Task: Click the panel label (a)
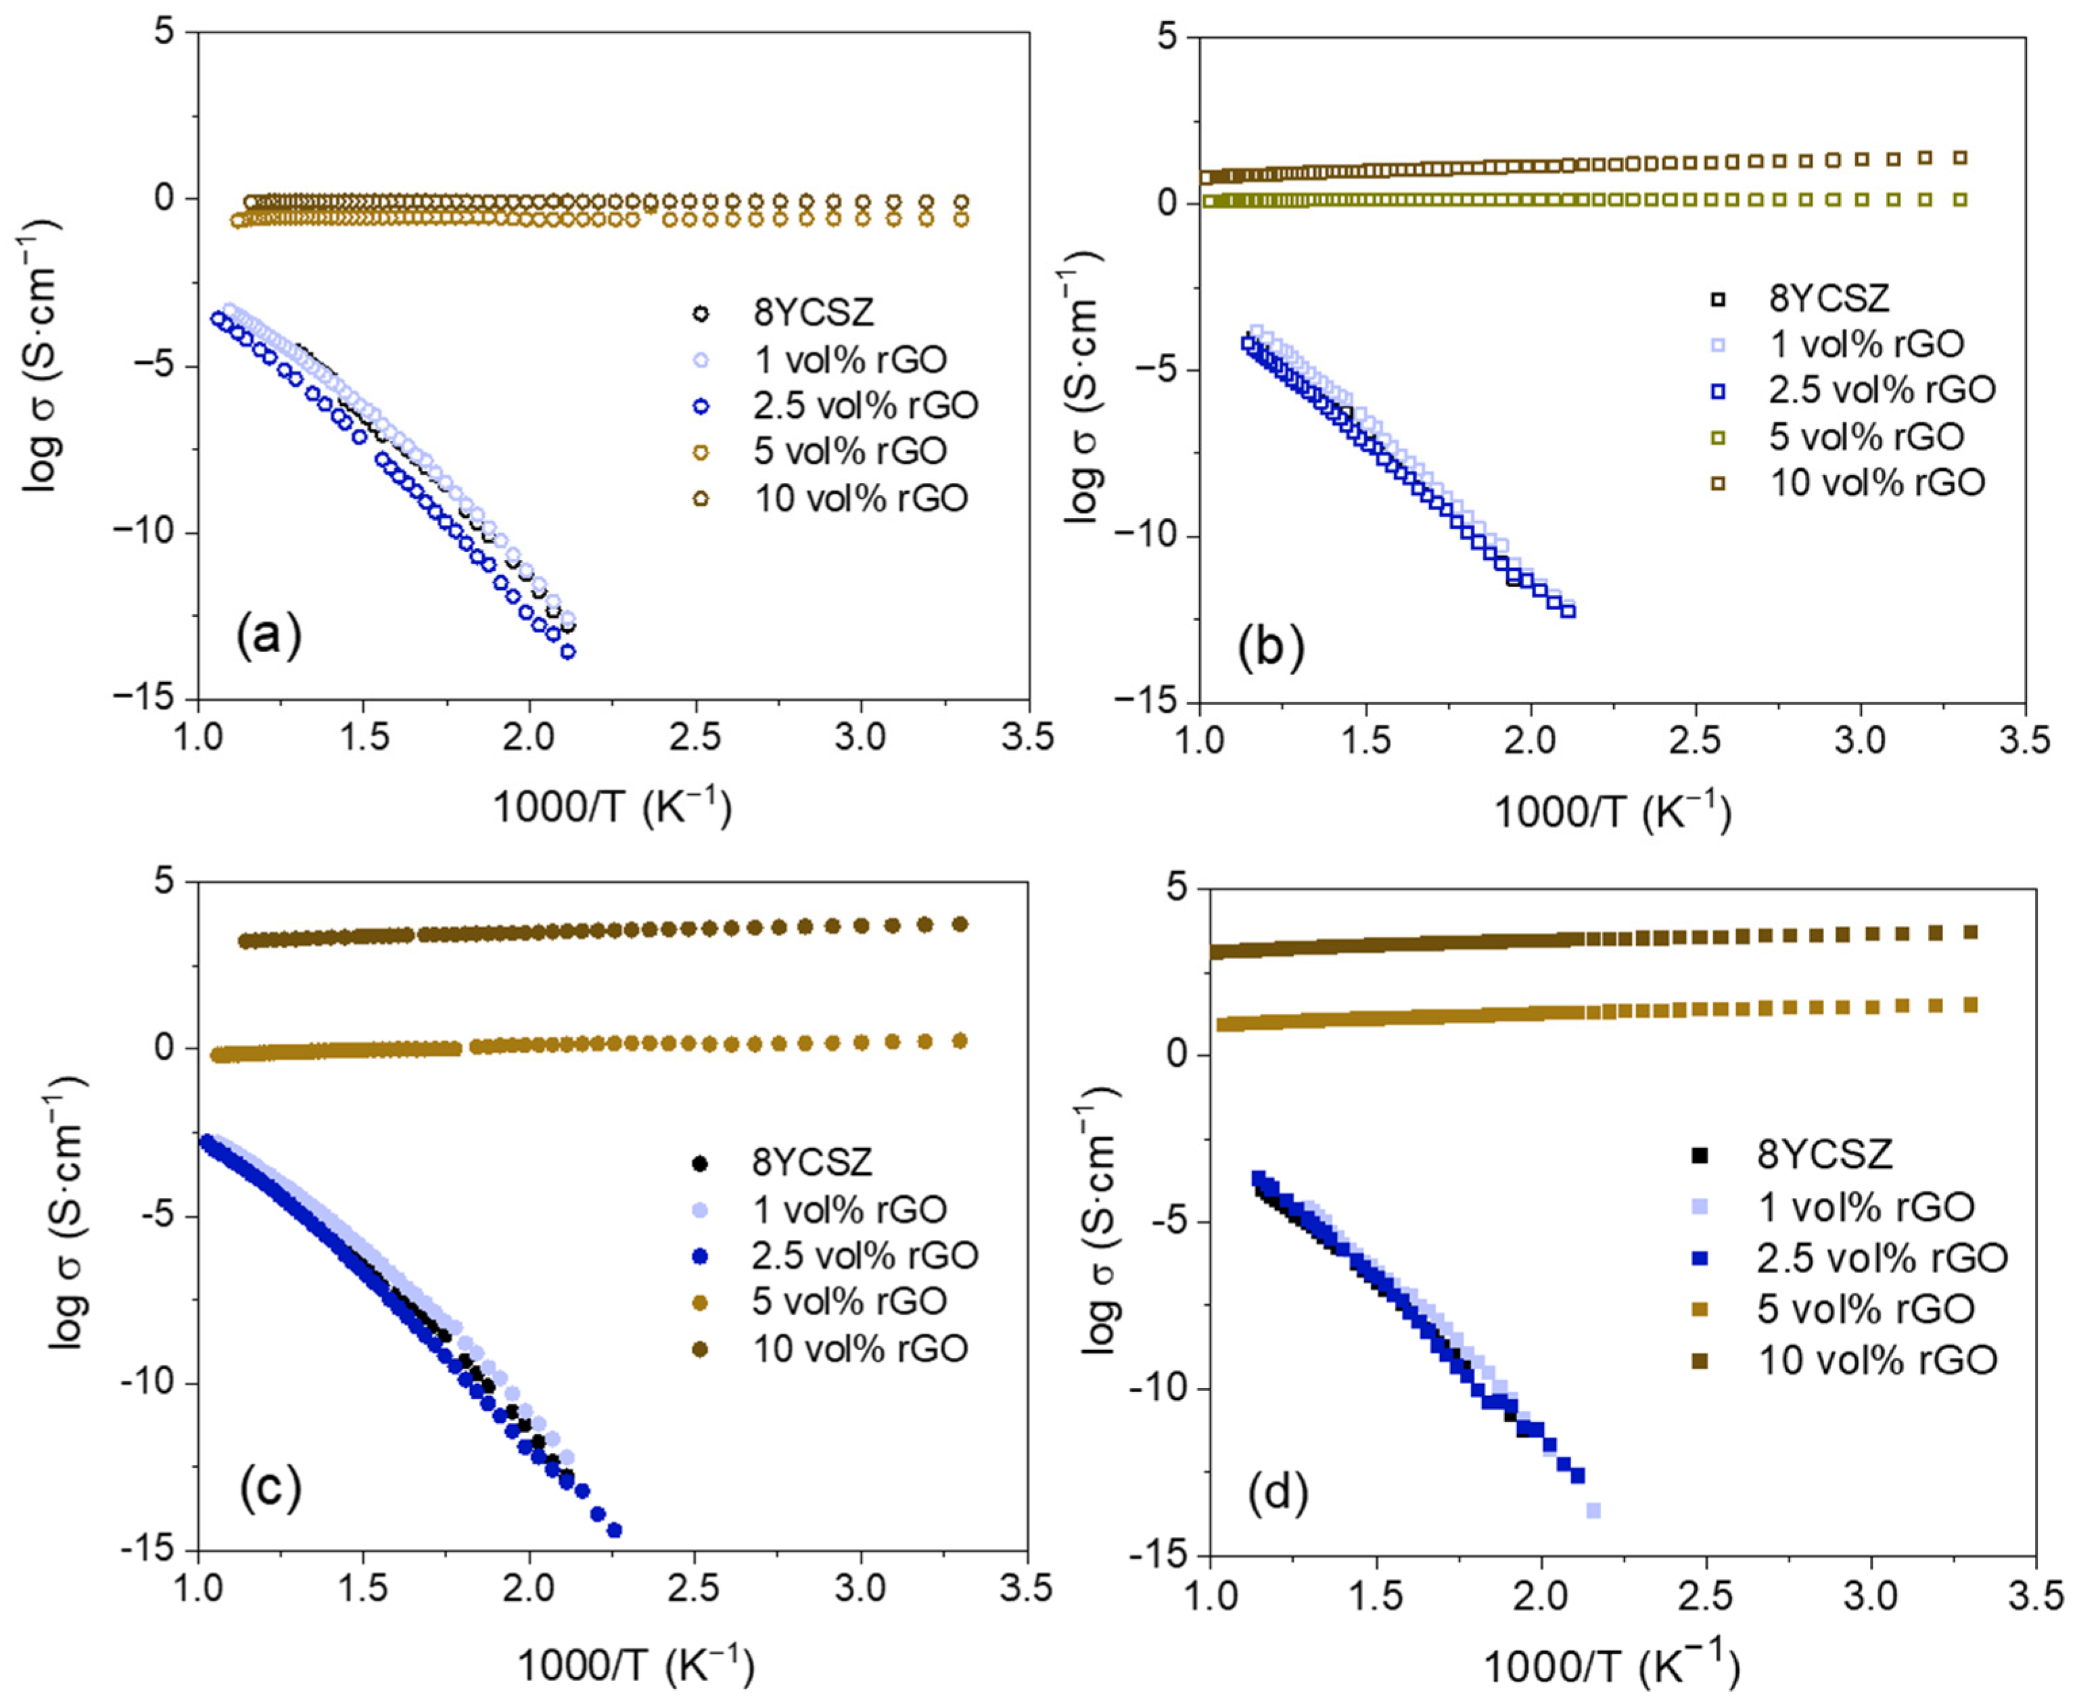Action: click(268, 637)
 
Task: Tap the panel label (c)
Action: click(270, 1489)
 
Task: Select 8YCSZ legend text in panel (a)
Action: click(814, 313)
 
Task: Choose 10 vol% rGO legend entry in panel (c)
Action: click(860, 1347)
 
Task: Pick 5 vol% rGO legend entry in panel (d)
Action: click(1865, 1308)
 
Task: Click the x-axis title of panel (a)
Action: click(612, 808)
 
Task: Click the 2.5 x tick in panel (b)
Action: click(1696, 741)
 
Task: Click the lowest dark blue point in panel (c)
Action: click(615, 1530)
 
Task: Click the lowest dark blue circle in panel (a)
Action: click(567, 651)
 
